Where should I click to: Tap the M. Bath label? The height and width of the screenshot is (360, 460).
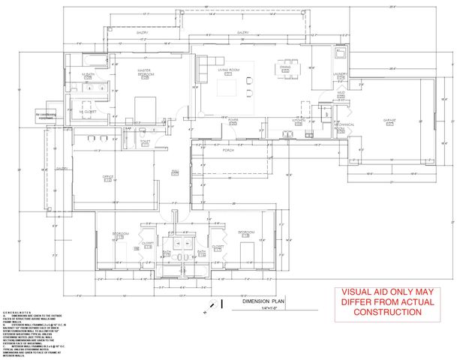coord(89,76)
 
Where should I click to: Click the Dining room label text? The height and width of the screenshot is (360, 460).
coord(284,68)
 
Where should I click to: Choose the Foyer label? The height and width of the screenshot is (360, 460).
coord(233,118)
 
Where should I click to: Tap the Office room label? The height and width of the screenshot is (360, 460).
coord(108,177)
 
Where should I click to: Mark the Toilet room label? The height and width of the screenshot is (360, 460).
coord(145,140)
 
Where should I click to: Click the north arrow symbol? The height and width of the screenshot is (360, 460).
coord(215,304)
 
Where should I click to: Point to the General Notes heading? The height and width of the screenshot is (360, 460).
coord(17,310)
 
